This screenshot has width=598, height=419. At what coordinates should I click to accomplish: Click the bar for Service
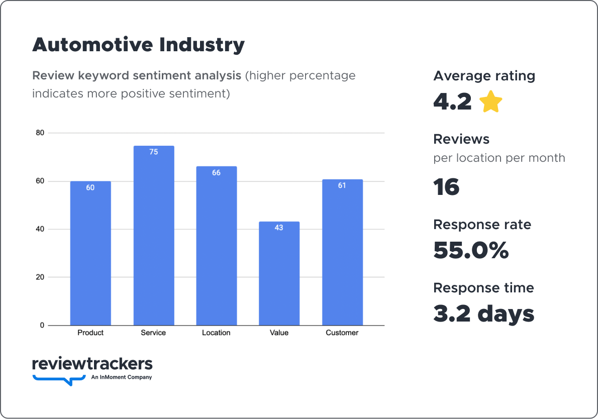pos(153,236)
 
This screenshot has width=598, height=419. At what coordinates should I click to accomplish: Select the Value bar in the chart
pos(279,274)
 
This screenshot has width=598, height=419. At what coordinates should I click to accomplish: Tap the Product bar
pos(90,254)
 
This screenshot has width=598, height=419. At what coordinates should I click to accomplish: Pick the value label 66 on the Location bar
pos(216,173)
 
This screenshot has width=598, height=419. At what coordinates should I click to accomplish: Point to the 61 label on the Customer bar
pos(342,185)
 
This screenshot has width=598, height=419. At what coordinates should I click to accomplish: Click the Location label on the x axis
pos(216,333)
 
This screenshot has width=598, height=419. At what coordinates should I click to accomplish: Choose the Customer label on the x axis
pos(342,333)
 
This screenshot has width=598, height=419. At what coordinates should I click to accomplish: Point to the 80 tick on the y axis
pos(40,133)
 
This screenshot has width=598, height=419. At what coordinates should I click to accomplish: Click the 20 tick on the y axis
pos(40,277)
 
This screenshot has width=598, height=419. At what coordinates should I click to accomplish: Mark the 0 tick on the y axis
pos(42,326)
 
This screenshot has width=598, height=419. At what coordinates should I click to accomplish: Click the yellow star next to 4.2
pos(491,102)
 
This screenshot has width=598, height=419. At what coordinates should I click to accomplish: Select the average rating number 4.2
pos(452,102)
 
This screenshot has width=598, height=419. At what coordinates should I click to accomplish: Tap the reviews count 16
pos(446,187)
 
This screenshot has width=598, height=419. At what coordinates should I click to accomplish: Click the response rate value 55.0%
pos(471,250)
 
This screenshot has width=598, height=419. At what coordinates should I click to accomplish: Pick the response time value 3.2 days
pos(483,313)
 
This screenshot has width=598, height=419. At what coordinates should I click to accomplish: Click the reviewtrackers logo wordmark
pos(92,364)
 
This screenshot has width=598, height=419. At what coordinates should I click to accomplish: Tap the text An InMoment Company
pos(121,377)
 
